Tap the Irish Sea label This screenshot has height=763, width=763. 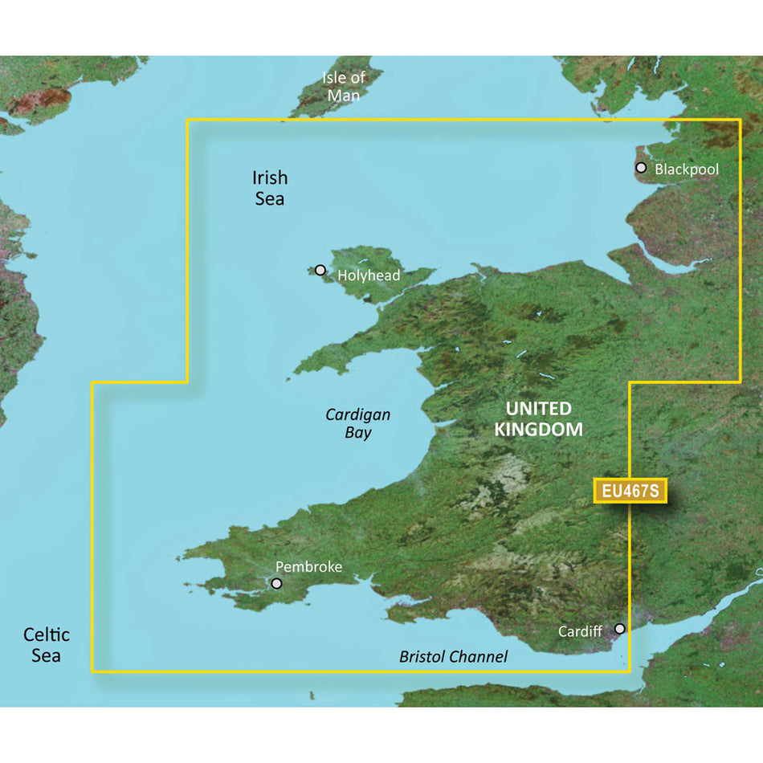270,188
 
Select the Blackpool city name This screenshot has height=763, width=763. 687,169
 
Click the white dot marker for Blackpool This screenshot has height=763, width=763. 641,168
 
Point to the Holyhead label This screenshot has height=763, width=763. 369,275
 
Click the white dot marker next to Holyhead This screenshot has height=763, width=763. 321,271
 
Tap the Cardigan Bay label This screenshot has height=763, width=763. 358,423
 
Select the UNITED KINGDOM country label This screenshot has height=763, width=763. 538,419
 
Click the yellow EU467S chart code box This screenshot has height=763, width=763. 630,491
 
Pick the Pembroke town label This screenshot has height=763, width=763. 308,567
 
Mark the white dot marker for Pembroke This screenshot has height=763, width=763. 277,584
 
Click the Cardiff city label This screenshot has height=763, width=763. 580,631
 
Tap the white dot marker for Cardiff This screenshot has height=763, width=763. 619,628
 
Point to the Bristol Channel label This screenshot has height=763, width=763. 453,657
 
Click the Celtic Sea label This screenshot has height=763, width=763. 46,645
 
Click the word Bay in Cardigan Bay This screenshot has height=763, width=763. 358,433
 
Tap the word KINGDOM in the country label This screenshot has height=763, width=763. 538,430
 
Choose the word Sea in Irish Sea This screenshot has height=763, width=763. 270,198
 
